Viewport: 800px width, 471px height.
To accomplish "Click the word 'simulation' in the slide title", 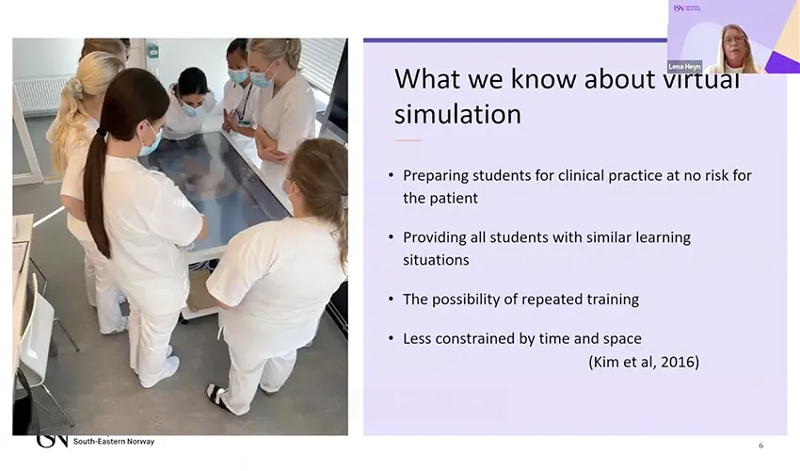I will point(457,115).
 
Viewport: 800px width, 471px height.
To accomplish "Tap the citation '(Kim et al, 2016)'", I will point(643,362).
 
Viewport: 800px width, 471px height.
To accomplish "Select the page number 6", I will point(760,446).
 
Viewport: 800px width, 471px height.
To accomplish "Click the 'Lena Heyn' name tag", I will point(684,67).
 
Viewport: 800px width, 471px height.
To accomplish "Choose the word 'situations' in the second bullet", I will point(436,260).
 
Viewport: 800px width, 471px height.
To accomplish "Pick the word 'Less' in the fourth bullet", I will point(418,339).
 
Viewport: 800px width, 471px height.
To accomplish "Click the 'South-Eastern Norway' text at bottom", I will point(114,442).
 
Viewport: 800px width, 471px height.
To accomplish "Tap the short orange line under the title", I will point(408,140).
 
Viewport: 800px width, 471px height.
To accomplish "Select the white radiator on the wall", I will point(38,94).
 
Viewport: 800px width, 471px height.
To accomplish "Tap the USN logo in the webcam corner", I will point(678,8).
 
